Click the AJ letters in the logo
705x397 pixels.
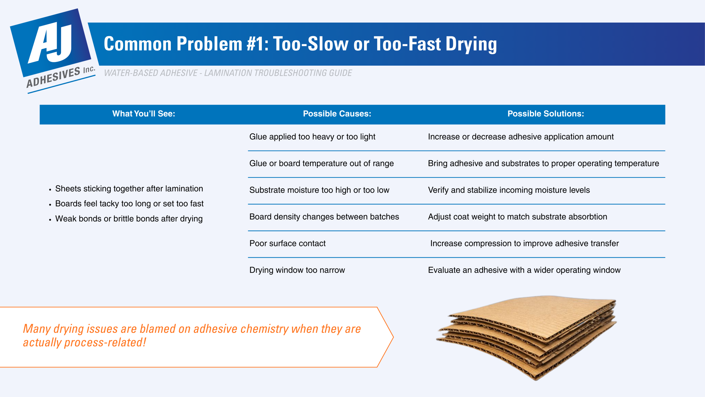51,43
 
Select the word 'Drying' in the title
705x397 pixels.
471,44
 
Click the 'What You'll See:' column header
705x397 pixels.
143,114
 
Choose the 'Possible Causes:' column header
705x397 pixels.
337,114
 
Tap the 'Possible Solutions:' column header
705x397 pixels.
546,114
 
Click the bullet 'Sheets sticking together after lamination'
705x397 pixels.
129,189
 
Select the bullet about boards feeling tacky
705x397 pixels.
129,204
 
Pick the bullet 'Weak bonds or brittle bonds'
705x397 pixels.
129,219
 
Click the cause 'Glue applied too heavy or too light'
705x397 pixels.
312,137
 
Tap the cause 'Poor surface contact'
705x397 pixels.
287,243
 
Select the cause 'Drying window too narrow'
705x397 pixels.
297,270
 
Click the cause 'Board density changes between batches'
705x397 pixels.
324,217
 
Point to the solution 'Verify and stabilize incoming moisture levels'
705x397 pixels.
509,190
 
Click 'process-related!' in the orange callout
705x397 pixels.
105,343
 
